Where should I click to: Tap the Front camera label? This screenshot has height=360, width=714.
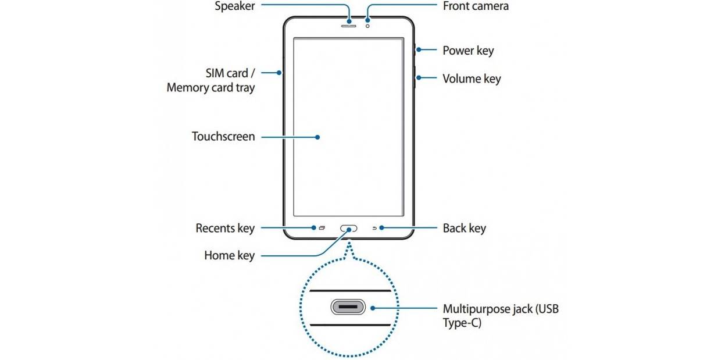[475, 6]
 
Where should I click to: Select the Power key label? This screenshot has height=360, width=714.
[468, 51]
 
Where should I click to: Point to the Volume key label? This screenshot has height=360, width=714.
[471, 79]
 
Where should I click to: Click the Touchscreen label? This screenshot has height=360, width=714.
[223, 137]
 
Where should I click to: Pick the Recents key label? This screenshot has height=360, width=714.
[225, 228]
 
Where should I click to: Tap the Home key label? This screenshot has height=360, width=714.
[229, 255]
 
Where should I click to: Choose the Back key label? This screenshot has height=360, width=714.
[464, 228]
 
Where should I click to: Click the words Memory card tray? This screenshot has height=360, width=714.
[210, 88]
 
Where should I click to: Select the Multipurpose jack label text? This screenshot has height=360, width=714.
[500, 309]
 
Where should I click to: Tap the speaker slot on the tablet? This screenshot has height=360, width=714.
[349, 24]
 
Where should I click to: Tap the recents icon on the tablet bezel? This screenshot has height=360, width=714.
[322, 228]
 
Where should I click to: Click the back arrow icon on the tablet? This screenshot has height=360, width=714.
[375, 228]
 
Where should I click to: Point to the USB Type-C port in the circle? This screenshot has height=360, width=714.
[348, 307]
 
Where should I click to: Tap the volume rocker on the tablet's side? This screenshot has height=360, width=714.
[415, 79]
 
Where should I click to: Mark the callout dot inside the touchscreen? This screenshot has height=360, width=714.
[318, 137]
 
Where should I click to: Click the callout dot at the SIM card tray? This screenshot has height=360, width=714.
[280, 73]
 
